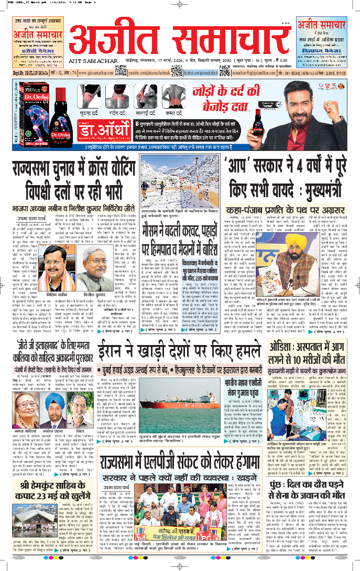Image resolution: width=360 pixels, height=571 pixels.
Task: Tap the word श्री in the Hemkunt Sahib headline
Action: tap(19, 493)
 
